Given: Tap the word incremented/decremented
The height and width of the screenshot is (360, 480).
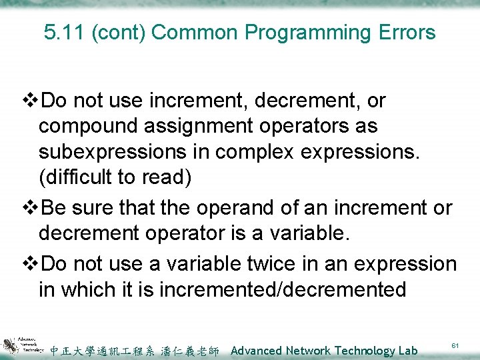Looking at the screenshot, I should coord(269,290).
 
